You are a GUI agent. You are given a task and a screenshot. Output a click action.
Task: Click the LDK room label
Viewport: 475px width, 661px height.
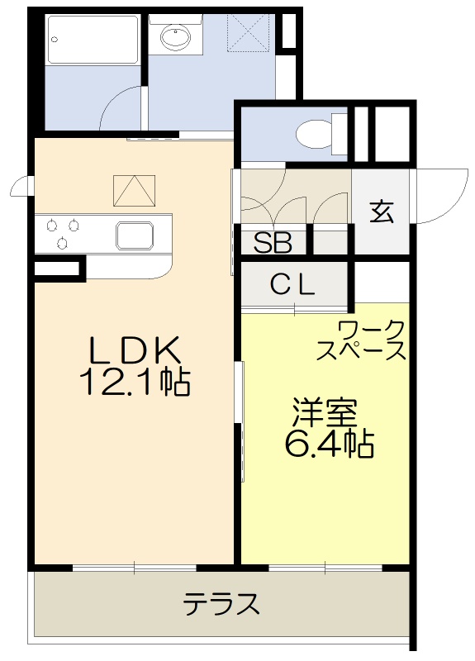pyautogui.click(x=135, y=350)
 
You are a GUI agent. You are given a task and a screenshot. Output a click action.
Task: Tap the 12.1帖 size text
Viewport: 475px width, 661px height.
pyautogui.click(x=135, y=381)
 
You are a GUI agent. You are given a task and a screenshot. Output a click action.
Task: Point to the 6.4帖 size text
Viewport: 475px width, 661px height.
pyautogui.click(x=328, y=445)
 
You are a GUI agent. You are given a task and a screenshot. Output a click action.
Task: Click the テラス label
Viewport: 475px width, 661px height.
pyautogui.click(x=221, y=604)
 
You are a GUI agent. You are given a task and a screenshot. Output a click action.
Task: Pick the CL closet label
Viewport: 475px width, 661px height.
pyautogui.click(x=293, y=285)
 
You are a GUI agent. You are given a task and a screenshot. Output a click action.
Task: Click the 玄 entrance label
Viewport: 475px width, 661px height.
pyautogui.click(x=381, y=212)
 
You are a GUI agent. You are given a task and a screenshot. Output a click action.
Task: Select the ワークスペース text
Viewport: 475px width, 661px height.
pyautogui.click(x=363, y=340)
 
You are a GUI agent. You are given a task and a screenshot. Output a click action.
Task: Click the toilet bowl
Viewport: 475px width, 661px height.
pyautogui.click(x=315, y=134)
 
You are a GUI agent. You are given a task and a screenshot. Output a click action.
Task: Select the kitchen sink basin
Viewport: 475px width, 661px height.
pyautogui.click(x=134, y=235)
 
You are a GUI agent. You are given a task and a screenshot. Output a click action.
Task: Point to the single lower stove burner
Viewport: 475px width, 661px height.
pyautogui.click(x=63, y=243)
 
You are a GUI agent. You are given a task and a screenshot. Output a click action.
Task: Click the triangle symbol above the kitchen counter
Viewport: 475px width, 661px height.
pyautogui.click(x=135, y=191)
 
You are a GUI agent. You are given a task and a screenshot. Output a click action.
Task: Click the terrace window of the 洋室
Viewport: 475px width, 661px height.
pyautogui.click(x=325, y=568)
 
